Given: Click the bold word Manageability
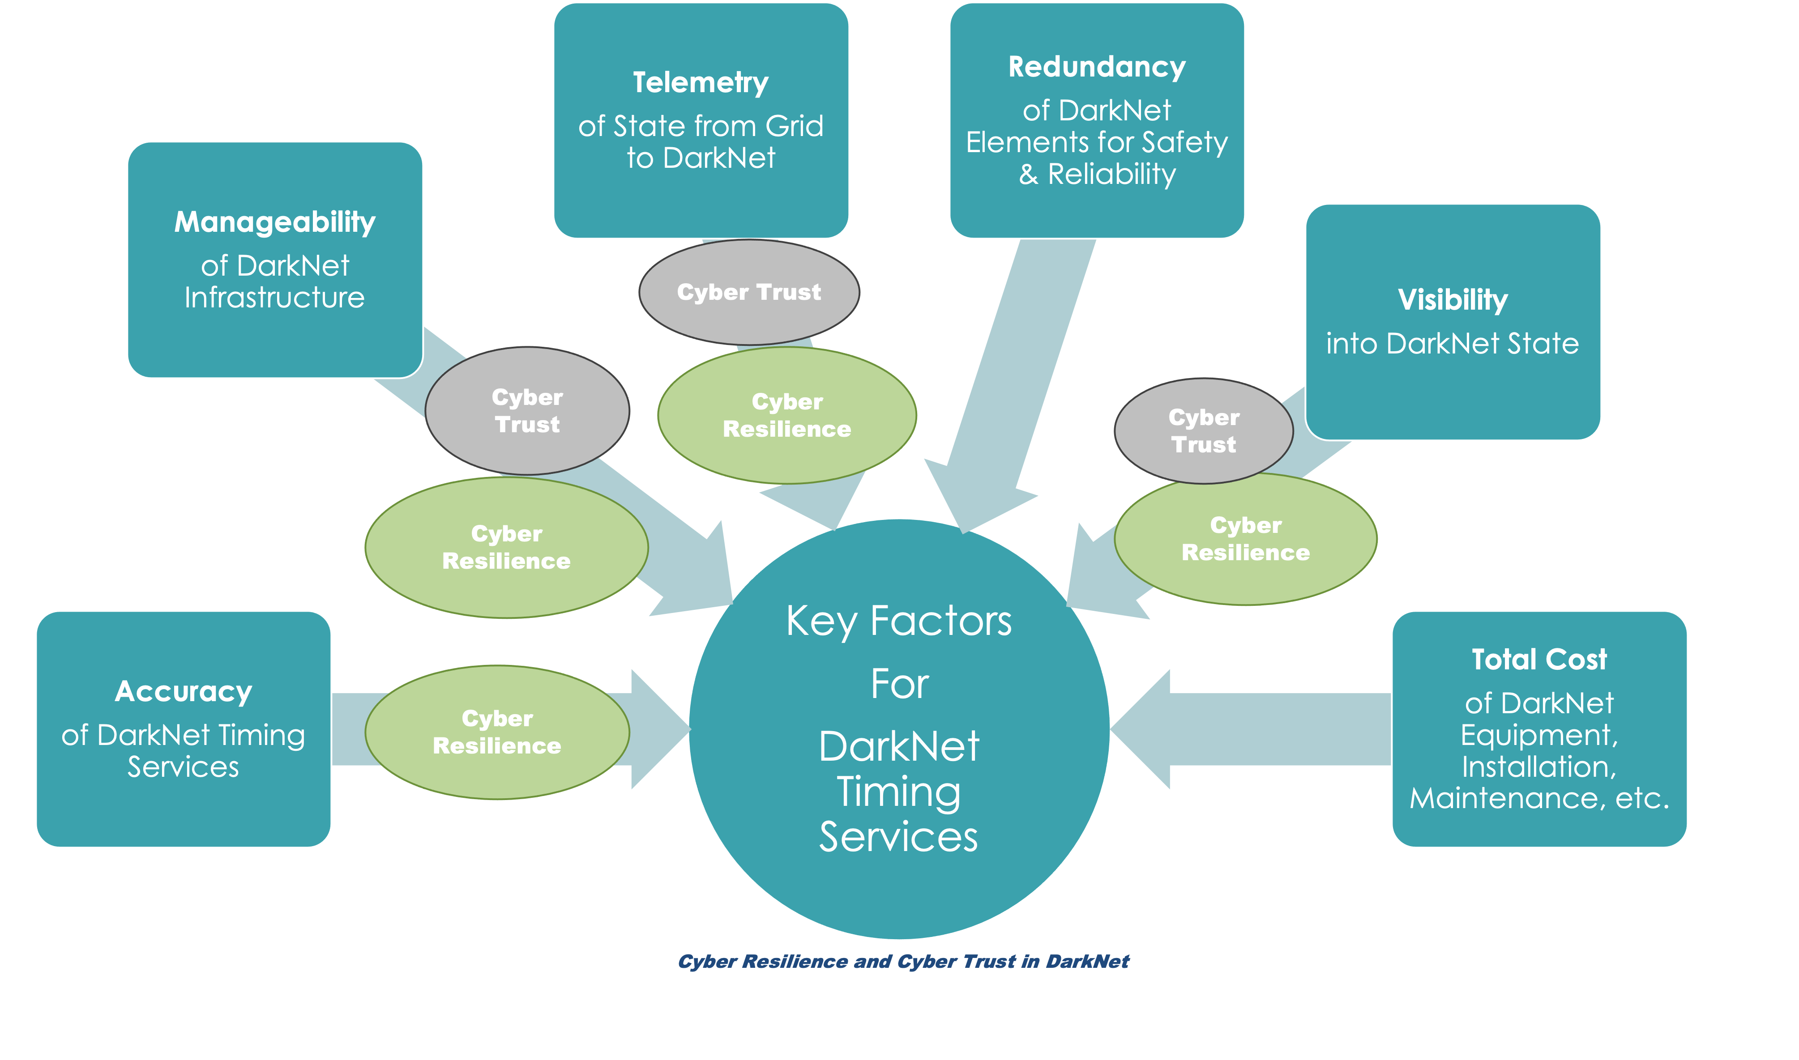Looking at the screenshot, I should click(275, 222).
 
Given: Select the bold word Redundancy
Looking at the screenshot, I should click(1097, 67).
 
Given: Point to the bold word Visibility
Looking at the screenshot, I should click(1453, 300).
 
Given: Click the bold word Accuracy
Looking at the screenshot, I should click(184, 691).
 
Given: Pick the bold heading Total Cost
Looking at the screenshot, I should click(1539, 659).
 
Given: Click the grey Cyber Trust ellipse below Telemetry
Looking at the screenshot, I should click(749, 292).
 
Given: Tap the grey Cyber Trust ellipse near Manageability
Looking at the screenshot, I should click(527, 411).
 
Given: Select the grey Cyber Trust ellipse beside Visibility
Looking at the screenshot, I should click(1203, 431).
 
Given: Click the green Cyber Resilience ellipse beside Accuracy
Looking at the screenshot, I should click(497, 732).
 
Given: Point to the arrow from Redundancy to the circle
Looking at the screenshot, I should click(1014, 386).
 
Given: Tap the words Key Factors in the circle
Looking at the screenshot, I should click(899, 622).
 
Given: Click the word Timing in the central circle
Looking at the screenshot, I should click(899, 792).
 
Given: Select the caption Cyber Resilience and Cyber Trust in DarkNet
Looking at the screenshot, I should click(903, 962).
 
